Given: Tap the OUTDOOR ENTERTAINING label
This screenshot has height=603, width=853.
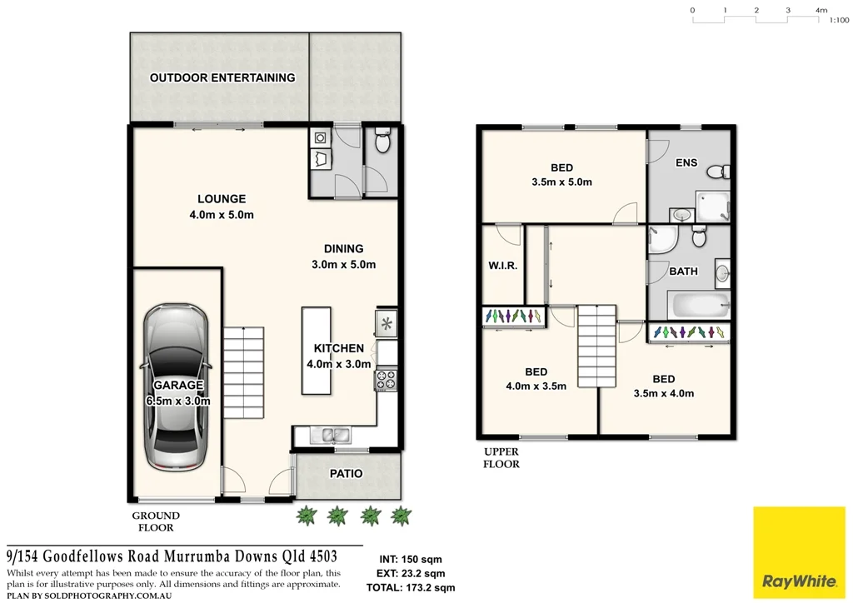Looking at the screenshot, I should [222, 77].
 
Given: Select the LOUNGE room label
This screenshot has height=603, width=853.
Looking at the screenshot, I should [222, 199].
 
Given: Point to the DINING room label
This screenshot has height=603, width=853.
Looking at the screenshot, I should [344, 248].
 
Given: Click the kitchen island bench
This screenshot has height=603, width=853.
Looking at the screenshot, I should [316, 351].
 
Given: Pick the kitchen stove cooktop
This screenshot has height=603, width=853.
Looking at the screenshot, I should [387, 380].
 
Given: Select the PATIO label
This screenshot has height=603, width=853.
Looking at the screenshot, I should [347, 473].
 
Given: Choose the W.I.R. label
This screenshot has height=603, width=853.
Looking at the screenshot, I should [503, 266].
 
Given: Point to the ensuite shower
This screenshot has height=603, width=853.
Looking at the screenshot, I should [713, 205].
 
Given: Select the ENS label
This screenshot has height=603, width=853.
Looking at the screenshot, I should [686, 162].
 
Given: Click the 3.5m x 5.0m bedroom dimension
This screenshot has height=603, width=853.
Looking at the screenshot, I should [561, 182].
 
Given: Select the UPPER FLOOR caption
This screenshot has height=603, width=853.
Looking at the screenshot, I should [501, 458].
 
